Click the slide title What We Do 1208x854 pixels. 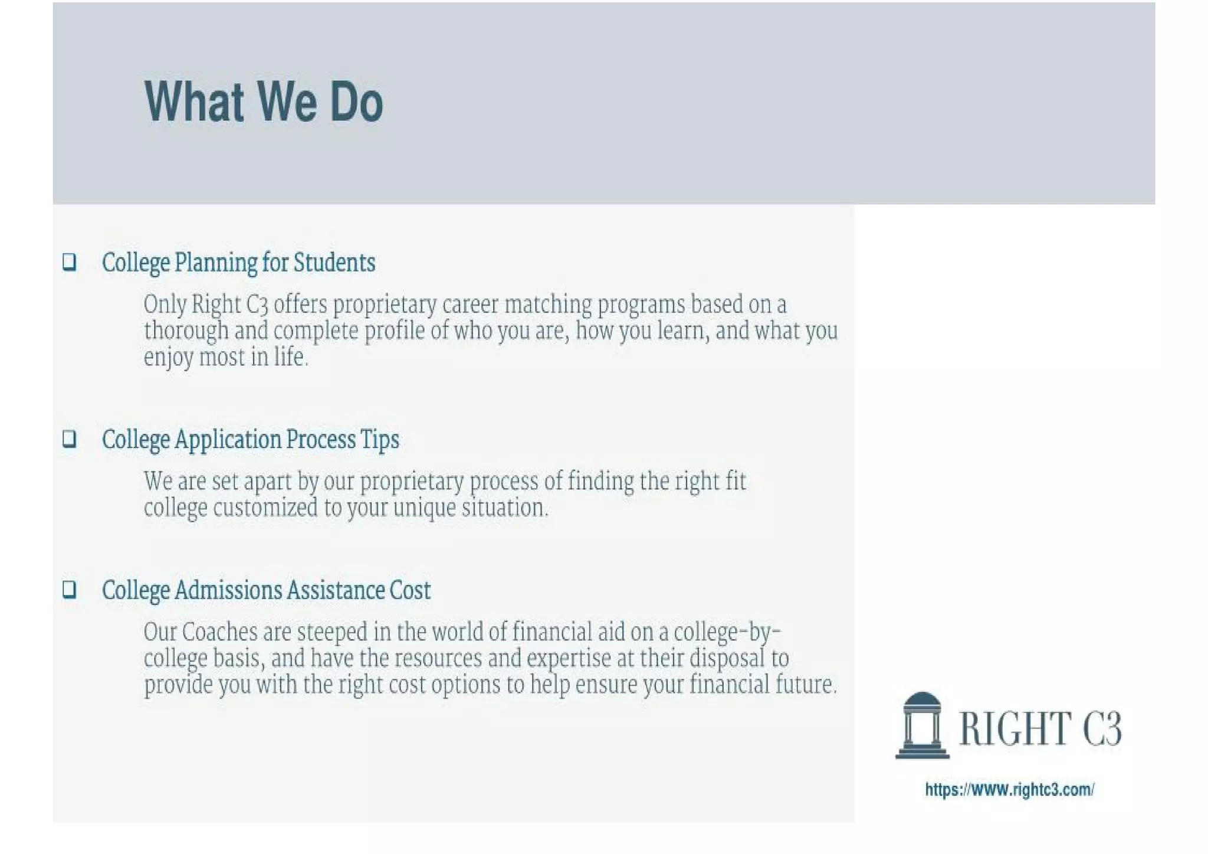tap(264, 102)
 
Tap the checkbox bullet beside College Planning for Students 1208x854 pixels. tap(70, 261)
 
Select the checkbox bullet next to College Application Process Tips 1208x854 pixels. tap(70, 439)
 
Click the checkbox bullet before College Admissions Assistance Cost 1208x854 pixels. tap(70, 589)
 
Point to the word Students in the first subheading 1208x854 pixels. tap(334, 263)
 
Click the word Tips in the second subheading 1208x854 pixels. tap(380, 440)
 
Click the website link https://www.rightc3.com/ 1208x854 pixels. tap(1009, 790)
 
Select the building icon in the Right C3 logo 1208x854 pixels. tap(922, 725)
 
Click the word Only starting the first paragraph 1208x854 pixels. tap(165, 305)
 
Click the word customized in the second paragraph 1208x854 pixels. tap(265, 508)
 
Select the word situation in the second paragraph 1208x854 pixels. tap(504, 508)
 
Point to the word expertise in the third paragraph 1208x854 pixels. tap(569, 659)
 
